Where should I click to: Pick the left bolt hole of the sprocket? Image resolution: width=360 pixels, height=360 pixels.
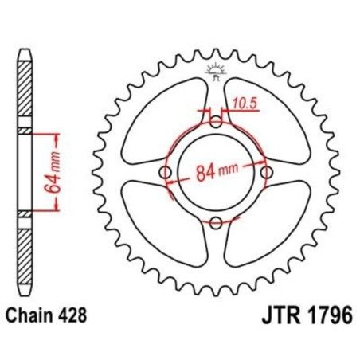166,173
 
